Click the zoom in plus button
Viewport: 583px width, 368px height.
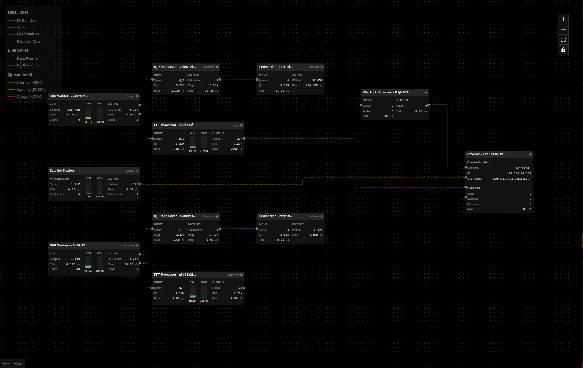(563, 19)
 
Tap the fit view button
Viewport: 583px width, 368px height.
(563, 39)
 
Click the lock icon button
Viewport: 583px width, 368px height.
(563, 50)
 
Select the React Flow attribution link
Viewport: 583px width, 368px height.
(12, 363)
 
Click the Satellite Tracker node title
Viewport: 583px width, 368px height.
(62, 171)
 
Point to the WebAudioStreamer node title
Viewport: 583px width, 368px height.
(387, 92)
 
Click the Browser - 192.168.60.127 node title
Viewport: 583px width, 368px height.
(486, 154)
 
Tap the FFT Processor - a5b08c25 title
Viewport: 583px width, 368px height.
(175, 275)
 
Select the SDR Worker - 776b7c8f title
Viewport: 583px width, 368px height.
(68, 96)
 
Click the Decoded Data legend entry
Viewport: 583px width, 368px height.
(28, 41)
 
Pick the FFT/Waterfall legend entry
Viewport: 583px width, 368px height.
(28, 34)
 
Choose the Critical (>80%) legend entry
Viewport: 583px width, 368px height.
(29, 96)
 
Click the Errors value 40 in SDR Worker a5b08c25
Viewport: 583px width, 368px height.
(78, 269)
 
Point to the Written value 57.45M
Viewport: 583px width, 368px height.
(317, 80)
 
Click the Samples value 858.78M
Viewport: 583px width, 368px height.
(74, 109)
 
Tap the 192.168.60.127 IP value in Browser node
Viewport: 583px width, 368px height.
(519, 173)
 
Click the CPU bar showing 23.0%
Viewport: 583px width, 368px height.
(88, 262)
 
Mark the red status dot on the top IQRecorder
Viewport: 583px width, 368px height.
(322, 67)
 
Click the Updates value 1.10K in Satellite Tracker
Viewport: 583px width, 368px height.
(134, 184)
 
